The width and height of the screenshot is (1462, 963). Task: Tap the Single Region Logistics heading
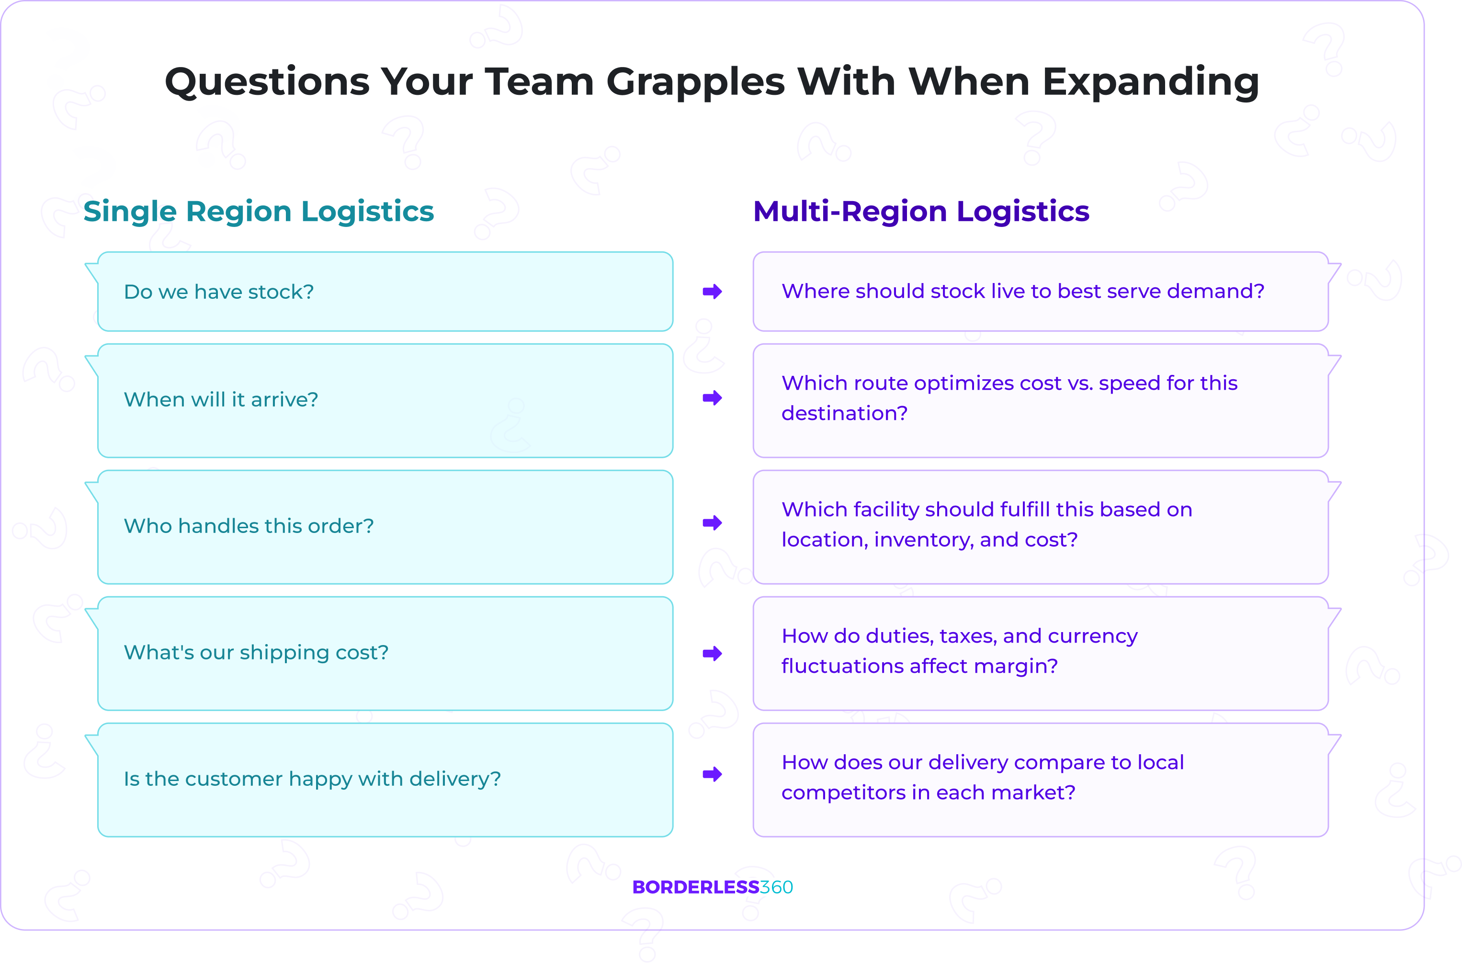click(258, 211)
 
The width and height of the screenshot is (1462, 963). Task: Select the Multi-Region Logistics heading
click(921, 211)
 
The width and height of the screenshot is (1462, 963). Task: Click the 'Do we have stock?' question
click(219, 292)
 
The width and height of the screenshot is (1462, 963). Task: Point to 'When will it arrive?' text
click(221, 400)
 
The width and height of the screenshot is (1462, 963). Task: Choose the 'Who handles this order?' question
click(249, 526)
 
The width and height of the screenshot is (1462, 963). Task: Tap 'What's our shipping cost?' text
click(256, 652)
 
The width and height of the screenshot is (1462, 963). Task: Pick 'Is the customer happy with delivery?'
click(312, 779)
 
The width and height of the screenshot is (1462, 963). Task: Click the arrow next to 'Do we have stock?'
click(712, 292)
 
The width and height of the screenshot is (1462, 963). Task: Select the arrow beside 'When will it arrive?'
click(712, 398)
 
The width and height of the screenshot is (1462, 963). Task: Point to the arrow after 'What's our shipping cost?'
click(712, 654)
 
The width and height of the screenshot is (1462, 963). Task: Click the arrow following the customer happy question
click(712, 774)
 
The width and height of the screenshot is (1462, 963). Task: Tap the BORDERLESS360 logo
click(712, 887)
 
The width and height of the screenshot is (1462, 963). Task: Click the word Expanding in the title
click(1151, 82)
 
